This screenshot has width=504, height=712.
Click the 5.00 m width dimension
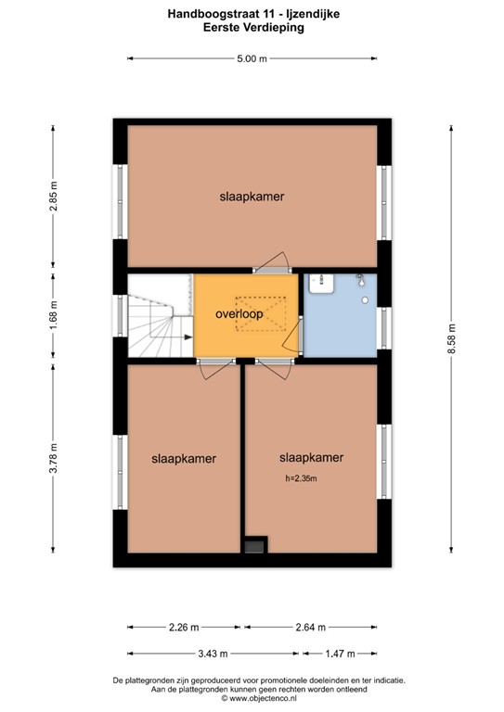[251, 58]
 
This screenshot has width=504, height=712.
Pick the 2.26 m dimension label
[184, 627]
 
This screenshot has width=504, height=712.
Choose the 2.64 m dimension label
[310, 627]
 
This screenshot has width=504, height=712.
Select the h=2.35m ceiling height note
[301, 479]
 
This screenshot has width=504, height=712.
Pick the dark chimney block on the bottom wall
[253, 547]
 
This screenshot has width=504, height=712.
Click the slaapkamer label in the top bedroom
[251, 197]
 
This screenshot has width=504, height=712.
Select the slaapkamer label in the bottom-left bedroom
[184, 458]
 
